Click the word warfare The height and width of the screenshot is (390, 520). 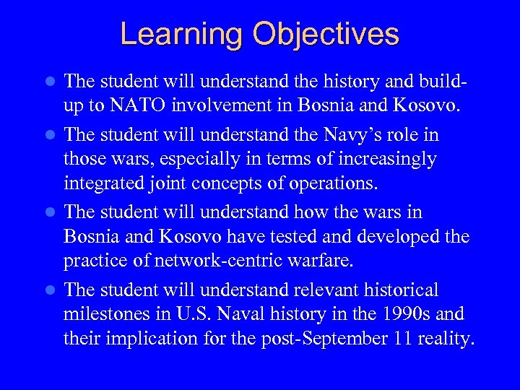306,260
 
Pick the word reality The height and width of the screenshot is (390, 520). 448,339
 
